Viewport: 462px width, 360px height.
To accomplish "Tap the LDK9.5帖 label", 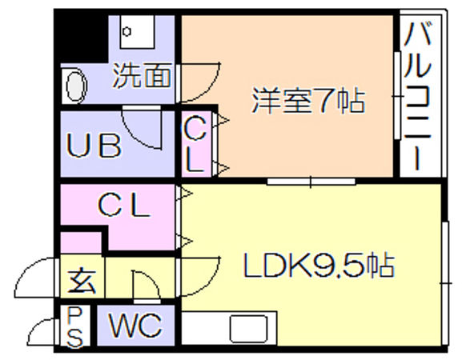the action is [x=318, y=264].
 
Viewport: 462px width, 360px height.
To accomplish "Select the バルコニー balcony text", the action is [x=417, y=96].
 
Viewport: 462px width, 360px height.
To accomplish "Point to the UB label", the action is [x=94, y=146].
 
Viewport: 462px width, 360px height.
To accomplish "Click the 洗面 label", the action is [x=142, y=75].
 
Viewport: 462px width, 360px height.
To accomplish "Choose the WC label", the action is [x=135, y=325].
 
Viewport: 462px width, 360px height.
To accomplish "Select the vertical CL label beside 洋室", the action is [x=194, y=144].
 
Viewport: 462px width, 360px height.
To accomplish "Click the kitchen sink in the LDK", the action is [x=249, y=328].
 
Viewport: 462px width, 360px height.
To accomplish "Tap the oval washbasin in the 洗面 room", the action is [x=77, y=86].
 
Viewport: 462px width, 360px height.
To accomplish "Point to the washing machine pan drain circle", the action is [x=127, y=31].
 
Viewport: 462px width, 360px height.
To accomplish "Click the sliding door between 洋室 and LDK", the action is [x=311, y=182].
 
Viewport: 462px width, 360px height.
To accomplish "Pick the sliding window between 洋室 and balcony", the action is [x=397, y=96].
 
